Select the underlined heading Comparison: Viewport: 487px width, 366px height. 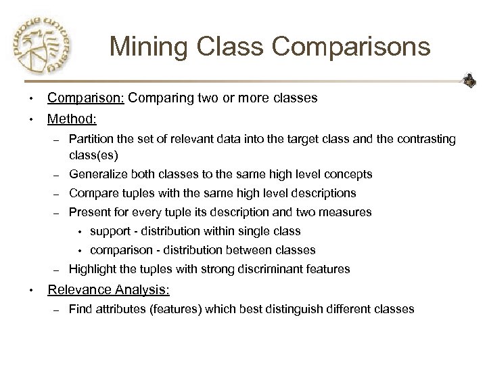pyautogui.click(x=86, y=98)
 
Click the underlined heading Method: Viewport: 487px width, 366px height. pyautogui.click(x=72, y=119)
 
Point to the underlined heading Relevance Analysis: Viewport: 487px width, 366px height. pyautogui.click(x=108, y=290)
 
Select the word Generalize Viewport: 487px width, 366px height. pyautogui.click(x=98, y=174)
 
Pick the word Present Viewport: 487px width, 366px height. pyautogui.click(x=90, y=212)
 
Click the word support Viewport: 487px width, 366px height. pyautogui.click(x=110, y=231)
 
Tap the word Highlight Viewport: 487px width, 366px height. pyautogui.click(x=93, y=269)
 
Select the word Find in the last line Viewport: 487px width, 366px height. pyautogui.click(x=80, y=309)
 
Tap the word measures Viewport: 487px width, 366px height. pyautogui.click(x=348, y=212)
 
